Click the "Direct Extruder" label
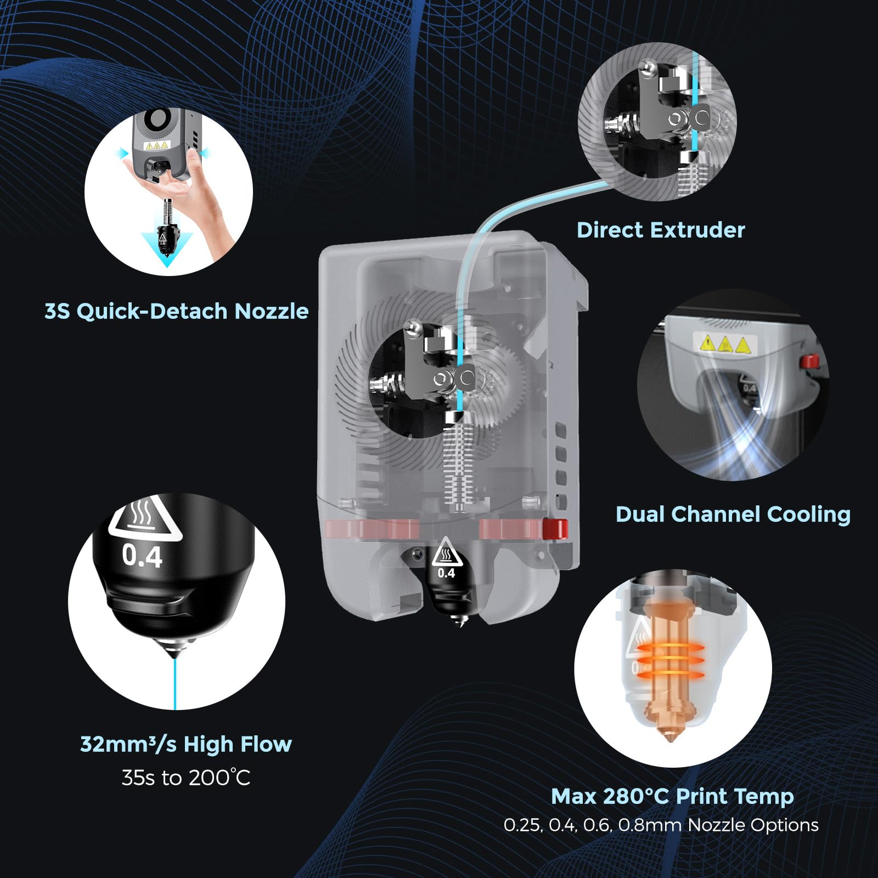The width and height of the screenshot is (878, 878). (x=661, y=230)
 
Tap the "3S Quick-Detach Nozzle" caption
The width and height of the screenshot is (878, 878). (x=176, y=311)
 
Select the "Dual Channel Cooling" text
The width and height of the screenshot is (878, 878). (x=733, y=514)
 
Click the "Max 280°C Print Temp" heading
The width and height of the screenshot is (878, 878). (x=672, y=796)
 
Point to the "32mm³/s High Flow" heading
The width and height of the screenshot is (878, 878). (x=186, y=744)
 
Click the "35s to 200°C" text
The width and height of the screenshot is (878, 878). (x=186, y=778)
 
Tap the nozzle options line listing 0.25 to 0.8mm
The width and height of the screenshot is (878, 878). (x=661, y=825)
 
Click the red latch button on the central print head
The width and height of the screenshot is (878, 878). (x=554, y=528)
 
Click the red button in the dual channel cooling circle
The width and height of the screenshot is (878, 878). (x=809, y=362)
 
